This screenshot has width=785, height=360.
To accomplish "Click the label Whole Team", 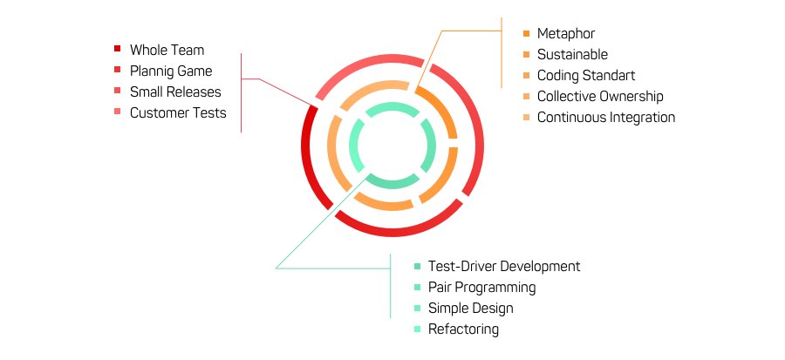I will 167,50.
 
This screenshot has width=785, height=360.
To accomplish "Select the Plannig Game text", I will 171,71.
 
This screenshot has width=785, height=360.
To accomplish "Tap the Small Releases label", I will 175,92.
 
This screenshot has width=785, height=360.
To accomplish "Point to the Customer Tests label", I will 178,112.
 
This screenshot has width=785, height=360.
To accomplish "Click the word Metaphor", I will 566,34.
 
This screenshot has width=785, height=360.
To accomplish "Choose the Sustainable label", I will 572,55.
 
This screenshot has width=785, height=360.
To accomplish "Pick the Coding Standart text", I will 586,76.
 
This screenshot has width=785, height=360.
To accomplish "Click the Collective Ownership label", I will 600,97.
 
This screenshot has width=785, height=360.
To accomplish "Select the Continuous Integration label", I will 606,118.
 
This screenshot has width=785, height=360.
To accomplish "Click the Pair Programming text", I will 482,288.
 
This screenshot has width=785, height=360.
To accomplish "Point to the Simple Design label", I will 471,309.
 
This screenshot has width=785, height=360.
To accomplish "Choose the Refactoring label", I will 464,329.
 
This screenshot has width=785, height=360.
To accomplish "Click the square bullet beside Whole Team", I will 117,50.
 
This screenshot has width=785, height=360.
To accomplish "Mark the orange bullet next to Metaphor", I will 526,34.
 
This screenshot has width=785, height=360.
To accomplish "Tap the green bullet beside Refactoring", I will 418,329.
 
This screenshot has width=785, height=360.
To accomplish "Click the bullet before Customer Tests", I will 117,112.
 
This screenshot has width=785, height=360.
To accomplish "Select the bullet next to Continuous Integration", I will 526,118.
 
